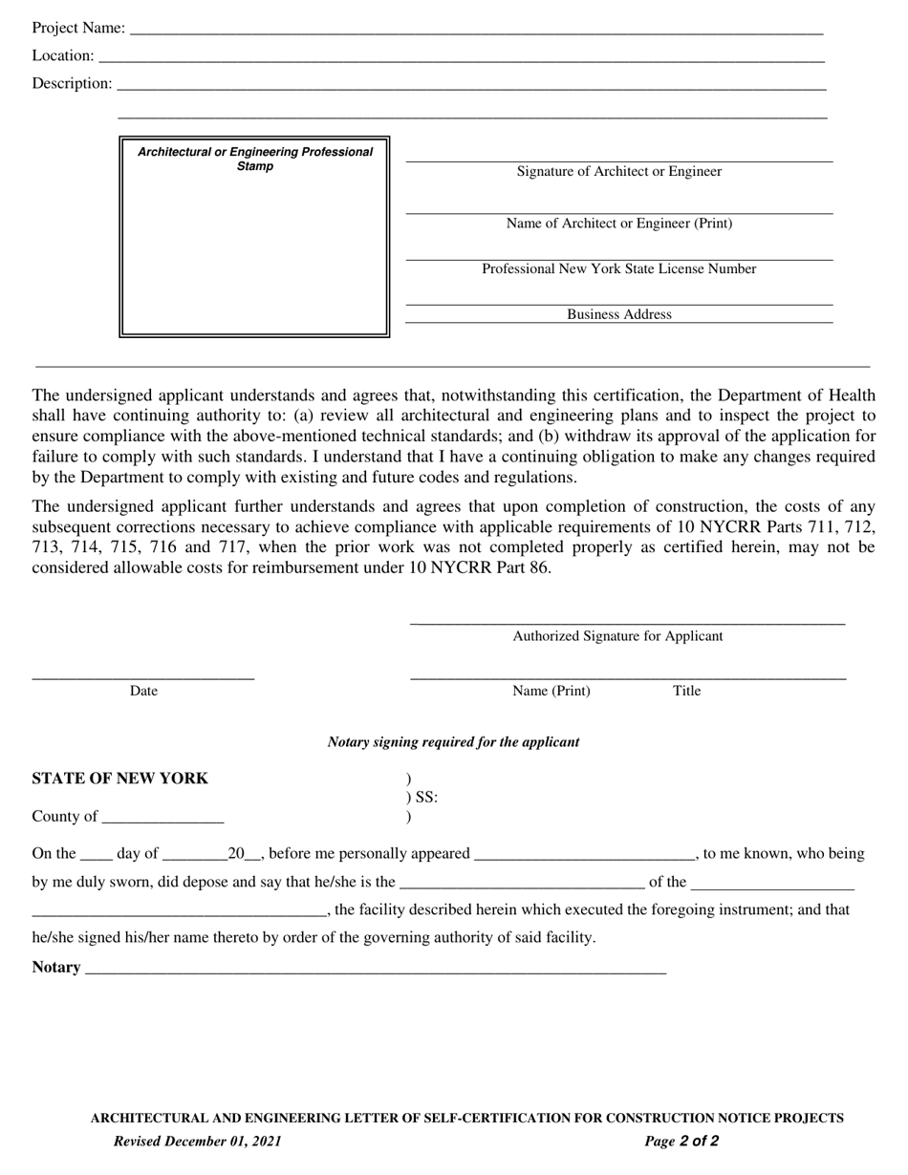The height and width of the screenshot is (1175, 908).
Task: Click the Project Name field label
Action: [x=77, y=28]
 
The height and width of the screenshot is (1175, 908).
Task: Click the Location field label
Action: [x=63, y=55]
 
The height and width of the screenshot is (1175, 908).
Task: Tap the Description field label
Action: [x=72, y=83]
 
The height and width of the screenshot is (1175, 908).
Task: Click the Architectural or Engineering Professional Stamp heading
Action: [x=255, y=159]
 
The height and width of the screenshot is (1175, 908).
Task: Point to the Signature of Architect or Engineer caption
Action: [x=618, y=171]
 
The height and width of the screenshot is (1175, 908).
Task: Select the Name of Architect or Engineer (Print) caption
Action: [x=618, y=223]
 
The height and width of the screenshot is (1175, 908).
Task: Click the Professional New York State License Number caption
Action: [x=618, y=268]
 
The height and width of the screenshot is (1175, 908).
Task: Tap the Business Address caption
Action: [x=618, y=314]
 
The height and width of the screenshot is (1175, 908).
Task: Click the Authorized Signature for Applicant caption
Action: [x=617, y=635]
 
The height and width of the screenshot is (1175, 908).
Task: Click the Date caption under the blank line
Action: [x=143, y=691]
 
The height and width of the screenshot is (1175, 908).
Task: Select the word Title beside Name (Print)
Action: [x=686, y=691]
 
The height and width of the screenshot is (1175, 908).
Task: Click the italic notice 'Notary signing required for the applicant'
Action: [x=453, y=742]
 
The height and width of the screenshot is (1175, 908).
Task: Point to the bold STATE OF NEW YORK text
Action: [x=119, y=779]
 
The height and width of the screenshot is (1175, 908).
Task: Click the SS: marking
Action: [x=426, y=798]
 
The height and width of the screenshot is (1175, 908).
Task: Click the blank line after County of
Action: [x=162, y=818]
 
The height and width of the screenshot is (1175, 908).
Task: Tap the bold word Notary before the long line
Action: [x=55, y=967]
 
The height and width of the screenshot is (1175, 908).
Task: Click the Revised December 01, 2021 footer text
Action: [x=197, y=1141]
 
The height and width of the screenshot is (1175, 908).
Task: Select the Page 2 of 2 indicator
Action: [x=681, y=1141]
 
